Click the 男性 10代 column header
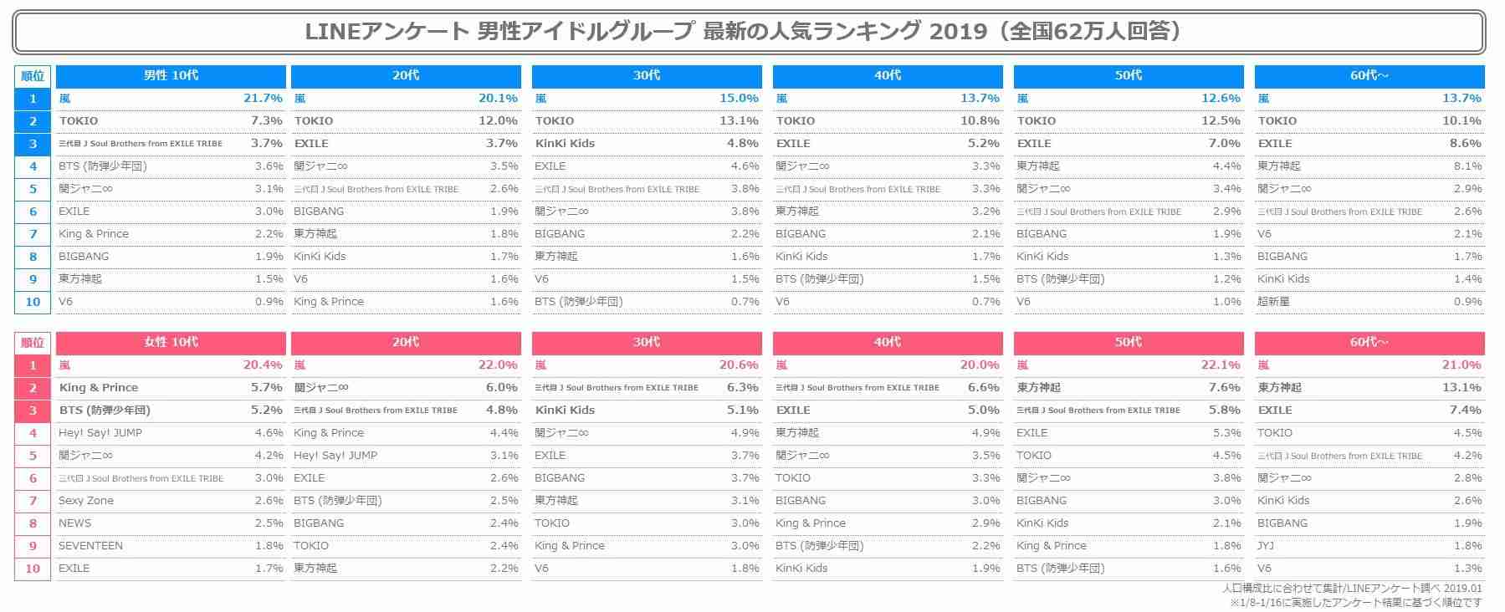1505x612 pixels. pos(171,75)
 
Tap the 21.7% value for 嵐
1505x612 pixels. pos(263,99)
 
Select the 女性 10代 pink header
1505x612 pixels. pos(171,342)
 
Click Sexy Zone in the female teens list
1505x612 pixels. pos(86,501)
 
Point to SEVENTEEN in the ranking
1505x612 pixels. pos(90,546)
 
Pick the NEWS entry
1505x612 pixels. pos(75,523)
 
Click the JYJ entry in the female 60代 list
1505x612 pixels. pos(1266,546)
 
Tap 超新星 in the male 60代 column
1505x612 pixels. pos(1273,302)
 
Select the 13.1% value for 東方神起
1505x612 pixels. pos(1461,388)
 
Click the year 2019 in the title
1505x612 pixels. pos(958,32)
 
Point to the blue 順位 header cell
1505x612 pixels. pos(33,76)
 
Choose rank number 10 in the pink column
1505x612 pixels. pos(33,569)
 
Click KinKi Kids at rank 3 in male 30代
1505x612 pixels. pos(565,144)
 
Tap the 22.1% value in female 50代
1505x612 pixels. pos(1220,365)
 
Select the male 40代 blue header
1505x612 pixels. pos(888,75)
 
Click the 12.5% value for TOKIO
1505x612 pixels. pos(1220,121)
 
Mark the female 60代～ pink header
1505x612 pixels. pos(1369,342)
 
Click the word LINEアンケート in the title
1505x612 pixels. pos(386,32)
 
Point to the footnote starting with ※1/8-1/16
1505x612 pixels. pos(1355,602)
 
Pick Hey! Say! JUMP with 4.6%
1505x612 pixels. pos(100,433)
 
